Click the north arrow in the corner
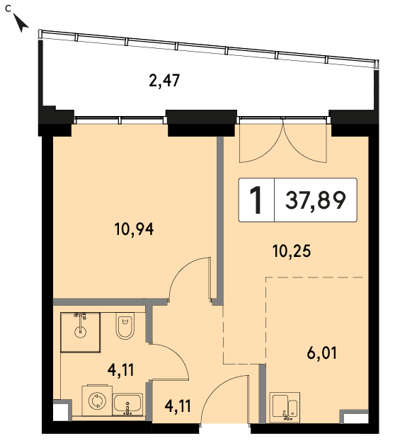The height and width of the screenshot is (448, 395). click(x=21, y=23)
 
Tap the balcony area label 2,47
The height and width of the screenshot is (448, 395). click(x=164, y=81)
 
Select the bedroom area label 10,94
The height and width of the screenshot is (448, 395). click(x=134, y=229)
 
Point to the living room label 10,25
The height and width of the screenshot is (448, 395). click(x=292, y=251)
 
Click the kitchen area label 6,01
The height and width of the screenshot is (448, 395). click(x=322, y=353)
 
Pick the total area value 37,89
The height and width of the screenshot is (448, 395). click(x=316, y=200)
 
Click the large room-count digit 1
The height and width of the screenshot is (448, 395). click(x=256, y=200)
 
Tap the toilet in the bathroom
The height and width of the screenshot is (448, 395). click(x=125, y=326)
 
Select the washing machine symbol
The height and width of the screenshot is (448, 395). click(x=97, y=401)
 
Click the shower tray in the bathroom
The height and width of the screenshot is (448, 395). click(x=80, y=333)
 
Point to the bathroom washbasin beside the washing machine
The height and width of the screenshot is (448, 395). click(x=127, y=404)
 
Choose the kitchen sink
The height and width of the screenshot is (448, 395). click(x=285, y=407)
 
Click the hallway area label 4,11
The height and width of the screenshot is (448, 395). click(x=178, y=406)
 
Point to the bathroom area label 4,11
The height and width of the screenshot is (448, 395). click(x=120, y=370)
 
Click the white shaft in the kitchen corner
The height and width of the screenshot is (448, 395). click(x=354, y=418)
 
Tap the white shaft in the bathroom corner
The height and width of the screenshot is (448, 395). click(x=61, y=410)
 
